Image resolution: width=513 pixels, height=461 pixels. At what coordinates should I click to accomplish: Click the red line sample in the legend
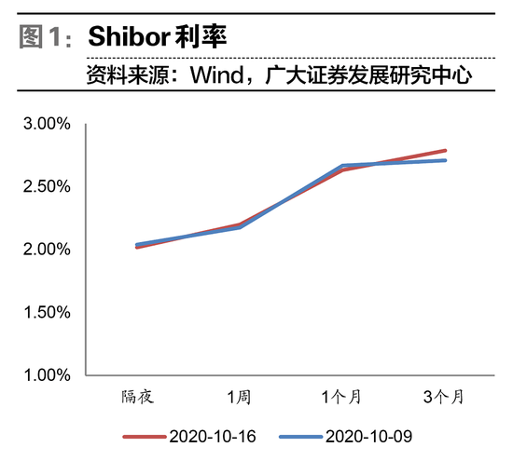[x=144, y=435]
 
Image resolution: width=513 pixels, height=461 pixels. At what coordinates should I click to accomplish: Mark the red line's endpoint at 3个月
[x=446, y=150]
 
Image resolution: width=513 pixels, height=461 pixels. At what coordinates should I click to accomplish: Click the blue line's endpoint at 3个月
[x=446, y=160]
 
